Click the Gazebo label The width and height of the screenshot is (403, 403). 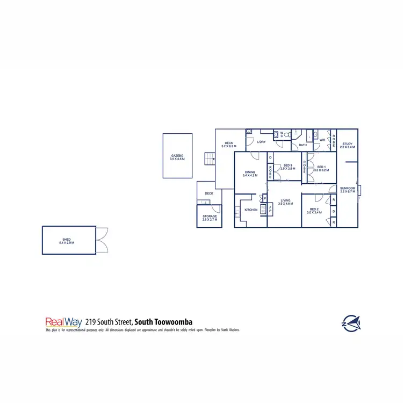click(x=177, y=156)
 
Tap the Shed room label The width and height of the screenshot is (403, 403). click(x=67, y=239)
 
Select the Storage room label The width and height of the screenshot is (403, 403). click(x=210, y=216)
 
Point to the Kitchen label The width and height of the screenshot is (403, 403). click(x=251, y=210)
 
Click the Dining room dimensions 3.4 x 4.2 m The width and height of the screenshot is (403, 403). click(x=250, y=176)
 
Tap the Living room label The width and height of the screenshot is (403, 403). click(x=285, y=200)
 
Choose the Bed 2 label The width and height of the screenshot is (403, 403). click(x=314, y=209)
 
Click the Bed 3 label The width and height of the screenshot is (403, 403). click(x=287, y=165)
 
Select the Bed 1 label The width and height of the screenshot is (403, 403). click(x=322, y=167)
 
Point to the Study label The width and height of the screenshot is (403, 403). click(x=347, y=143)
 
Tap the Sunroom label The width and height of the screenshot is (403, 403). click(x=347, y=188)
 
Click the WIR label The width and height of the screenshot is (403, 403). click(x=322, y=140)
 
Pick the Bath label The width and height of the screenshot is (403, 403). click(x=303, y=145)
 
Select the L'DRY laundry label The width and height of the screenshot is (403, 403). click(x=262, y=142)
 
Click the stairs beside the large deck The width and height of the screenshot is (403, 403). click(x=209, y=160)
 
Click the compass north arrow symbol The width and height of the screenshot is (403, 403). click(x=351, y=322)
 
